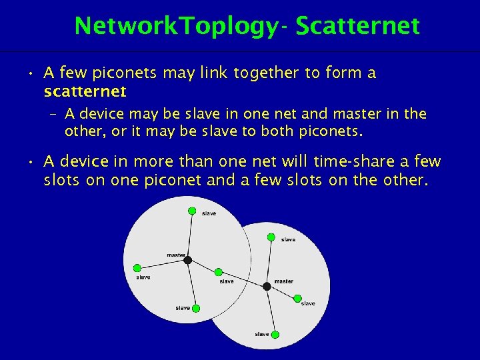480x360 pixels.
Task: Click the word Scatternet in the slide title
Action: click(x=358, y=26)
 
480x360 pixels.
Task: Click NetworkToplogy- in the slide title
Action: click(x=181, y=26)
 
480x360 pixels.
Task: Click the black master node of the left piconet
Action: click(x=188, y=260)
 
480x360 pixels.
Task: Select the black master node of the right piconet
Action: click(x=267, y=286)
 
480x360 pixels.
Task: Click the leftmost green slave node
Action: click(x=137, y=267)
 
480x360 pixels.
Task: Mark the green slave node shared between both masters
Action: click(x=218, y=272)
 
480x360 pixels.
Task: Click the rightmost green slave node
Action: click(x=297, y=298)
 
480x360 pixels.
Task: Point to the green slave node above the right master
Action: click(x=271, y=237)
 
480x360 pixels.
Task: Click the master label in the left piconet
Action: click(x=176, y=255)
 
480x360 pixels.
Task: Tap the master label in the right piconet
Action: click(x=283, y=281)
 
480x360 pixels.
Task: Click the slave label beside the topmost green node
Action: click(x=209, y=213)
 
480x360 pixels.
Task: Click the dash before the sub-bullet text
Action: click(x=53, y=115)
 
